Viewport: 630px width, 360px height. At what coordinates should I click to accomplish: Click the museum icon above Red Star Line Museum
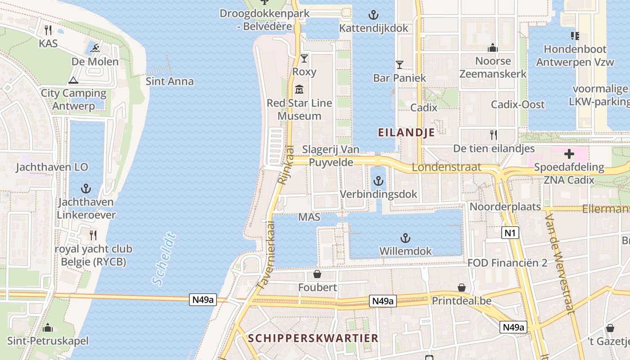pos(299,89)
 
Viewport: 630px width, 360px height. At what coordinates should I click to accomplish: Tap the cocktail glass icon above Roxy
pos(304,58)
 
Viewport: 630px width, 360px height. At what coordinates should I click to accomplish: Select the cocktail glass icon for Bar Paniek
pos(399,65)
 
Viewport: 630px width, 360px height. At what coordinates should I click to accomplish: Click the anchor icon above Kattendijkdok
pos(373,15)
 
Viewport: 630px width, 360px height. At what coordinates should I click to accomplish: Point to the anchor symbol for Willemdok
pos(405,238)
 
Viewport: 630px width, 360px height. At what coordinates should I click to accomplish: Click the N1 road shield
pos(510,233)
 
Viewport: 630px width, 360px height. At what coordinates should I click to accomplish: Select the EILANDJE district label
pos(406,132)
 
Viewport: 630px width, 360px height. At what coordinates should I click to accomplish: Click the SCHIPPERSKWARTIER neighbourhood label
pos(313,338)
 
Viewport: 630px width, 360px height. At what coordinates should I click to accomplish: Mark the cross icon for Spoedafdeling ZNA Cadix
pos(569,154)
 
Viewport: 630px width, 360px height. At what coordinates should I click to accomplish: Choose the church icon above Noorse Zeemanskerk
pos(493,48)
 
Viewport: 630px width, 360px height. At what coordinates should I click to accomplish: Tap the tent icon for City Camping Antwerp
pos(73,80)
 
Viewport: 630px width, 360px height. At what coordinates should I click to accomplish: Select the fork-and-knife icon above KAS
pos(48,30)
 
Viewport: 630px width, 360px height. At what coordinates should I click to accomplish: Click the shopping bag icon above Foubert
pos(317,274)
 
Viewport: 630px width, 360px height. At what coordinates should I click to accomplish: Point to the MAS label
pos(309,217)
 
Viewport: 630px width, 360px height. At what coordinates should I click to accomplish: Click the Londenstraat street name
pos(446,167)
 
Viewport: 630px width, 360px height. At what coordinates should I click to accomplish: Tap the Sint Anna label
pos(170,81)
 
